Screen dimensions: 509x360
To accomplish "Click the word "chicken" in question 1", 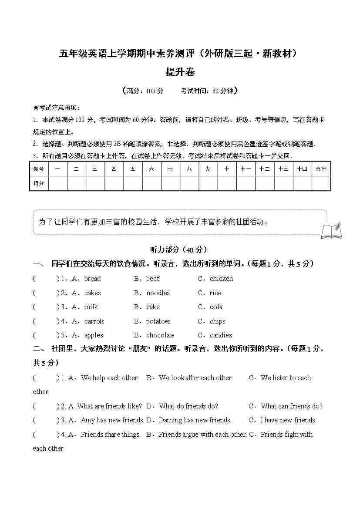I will click(x=221, y=279).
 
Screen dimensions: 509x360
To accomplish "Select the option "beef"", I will click(x=153, y=279).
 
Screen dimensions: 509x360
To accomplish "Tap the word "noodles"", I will click(x=158, y=293).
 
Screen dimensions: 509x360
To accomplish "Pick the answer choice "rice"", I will click(x=215, y=293).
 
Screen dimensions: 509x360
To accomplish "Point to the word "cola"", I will click(x=216, y=307).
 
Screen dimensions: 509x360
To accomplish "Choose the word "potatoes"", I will click(x=158, y=321).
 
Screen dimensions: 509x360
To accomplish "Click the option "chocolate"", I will click(x=160, y=335).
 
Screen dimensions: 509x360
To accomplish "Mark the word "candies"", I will click(x=221, y=335).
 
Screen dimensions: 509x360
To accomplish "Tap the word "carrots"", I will click(x=94, y=321).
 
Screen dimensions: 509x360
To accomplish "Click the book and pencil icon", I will click(x=331, y=230).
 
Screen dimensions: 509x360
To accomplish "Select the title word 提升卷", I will click(x=180, y=72).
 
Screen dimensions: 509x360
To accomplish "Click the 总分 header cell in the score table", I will click(x=321, y=169).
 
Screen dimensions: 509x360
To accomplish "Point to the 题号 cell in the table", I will click(x=39, y=169).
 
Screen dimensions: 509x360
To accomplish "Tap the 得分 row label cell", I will click(x=39, y=183).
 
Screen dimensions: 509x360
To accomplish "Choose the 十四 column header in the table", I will click(x=302, y=169).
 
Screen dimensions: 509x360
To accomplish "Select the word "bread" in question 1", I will click(x=92, y=279).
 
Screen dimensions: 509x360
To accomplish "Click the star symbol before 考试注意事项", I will click(x=35, y=108).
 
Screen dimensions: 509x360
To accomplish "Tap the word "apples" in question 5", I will click(x=94, y=335).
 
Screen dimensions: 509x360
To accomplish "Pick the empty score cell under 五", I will click(x=132, y=183).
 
